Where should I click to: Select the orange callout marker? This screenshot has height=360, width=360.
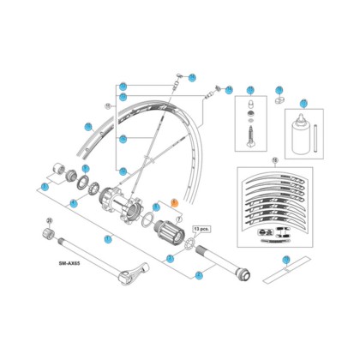tap(173, 202)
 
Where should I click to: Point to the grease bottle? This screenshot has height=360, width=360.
tap(302, 129)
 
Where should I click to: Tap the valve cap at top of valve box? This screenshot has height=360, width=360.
tap(250, 107)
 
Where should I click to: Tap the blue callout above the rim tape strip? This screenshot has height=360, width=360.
tap(287, 258)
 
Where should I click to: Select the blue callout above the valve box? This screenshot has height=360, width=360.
tap(250, 90)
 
